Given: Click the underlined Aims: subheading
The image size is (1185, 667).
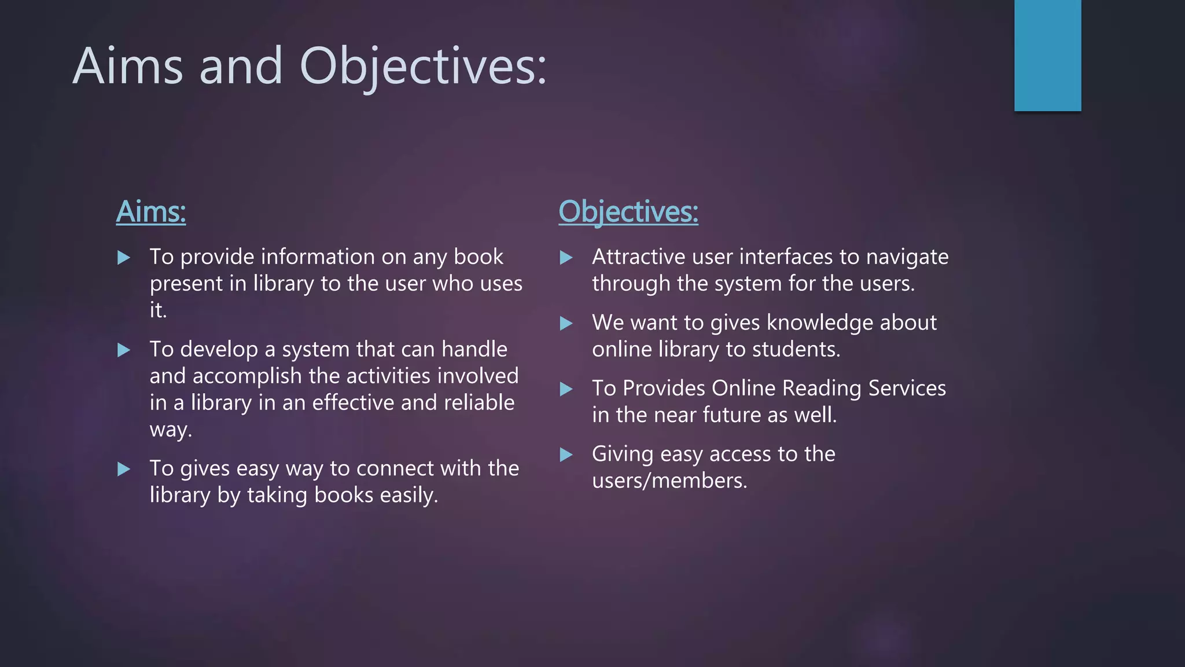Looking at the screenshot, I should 151,212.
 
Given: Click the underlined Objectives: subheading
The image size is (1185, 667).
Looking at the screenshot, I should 628,212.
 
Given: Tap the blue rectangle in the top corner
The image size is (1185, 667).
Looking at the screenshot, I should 1047,56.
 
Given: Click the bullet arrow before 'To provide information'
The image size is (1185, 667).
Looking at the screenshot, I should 124,258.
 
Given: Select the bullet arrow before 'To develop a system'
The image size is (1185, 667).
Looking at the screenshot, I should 124,350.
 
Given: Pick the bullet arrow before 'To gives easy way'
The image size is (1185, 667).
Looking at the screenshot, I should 124,469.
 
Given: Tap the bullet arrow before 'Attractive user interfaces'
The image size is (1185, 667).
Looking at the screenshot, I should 566,258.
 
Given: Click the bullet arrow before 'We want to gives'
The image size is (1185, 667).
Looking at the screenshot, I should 566,324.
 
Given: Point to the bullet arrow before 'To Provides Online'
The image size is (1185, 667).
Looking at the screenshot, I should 566,389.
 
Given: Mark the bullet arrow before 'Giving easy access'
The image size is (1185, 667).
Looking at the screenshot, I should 566,455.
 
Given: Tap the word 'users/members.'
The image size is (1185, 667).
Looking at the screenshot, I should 669,481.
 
